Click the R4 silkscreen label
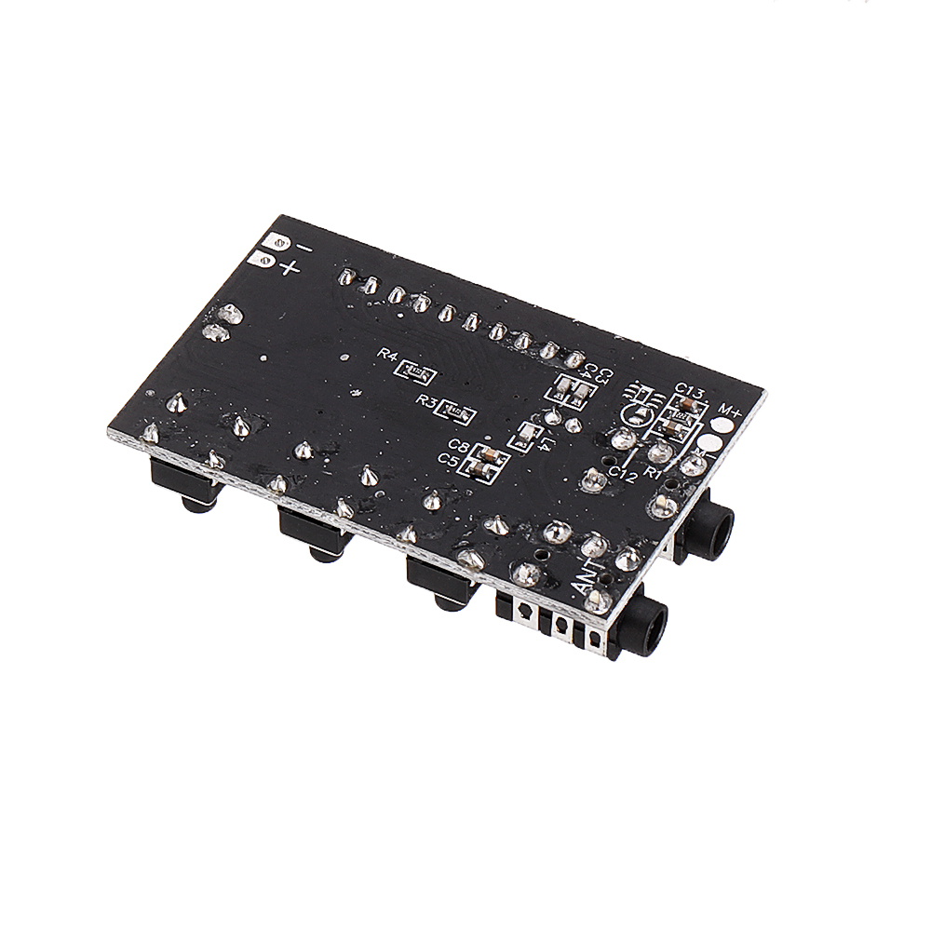(x=387, y=355)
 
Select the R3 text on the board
(x=428, y=400)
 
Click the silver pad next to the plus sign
(x=262, y=262)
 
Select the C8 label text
(x=458, y=445)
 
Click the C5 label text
(x=450, y=460)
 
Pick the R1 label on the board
(x=654, y=472)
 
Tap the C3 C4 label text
(x=603, y=376)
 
